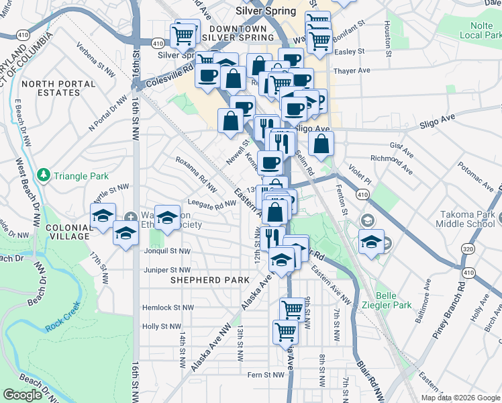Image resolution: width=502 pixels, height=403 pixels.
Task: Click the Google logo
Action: tap(22, 395)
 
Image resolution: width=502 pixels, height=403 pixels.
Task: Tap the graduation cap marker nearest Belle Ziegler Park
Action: tap(371, 242)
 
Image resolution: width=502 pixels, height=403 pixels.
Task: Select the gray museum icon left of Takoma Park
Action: tap(368, 220)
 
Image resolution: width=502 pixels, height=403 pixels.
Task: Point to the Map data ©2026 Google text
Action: tap(460, 398)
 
